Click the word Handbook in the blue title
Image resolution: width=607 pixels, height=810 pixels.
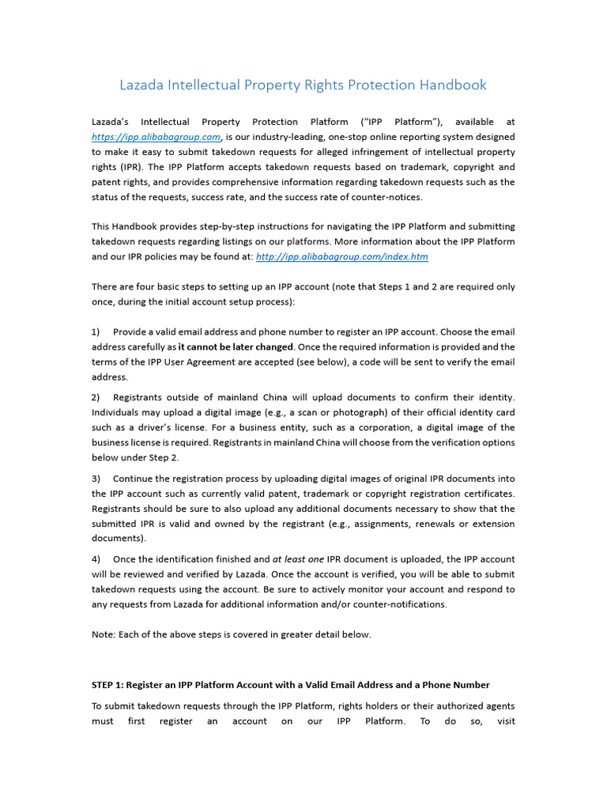click(x=451, y=85)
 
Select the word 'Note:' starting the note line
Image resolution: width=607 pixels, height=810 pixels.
click(x=104, y=635)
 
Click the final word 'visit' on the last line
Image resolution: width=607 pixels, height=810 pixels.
click(x=503, y=721)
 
